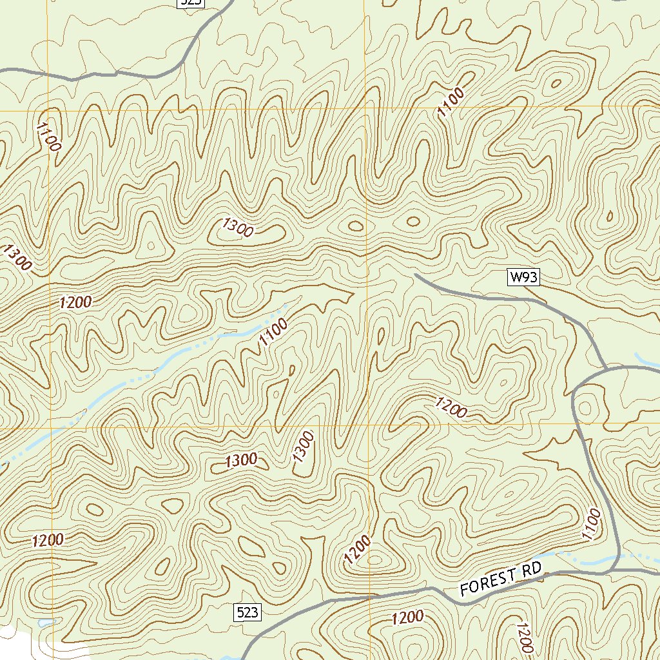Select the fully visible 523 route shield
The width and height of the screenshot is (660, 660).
click(247, 612)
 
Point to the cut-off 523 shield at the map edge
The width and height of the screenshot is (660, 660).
click(191, 3)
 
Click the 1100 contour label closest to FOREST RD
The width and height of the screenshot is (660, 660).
click(591, 524)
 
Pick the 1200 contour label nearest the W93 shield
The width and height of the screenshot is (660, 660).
click(451, 408)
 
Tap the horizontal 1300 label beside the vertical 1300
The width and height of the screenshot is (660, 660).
click(242, 461)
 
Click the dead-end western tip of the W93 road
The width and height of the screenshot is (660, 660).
click(416, 275)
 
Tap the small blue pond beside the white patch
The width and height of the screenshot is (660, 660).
click(44, 623)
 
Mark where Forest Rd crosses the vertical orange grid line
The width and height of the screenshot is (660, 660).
click(370, 597)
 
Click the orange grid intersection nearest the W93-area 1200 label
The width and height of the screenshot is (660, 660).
click(365, 426)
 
